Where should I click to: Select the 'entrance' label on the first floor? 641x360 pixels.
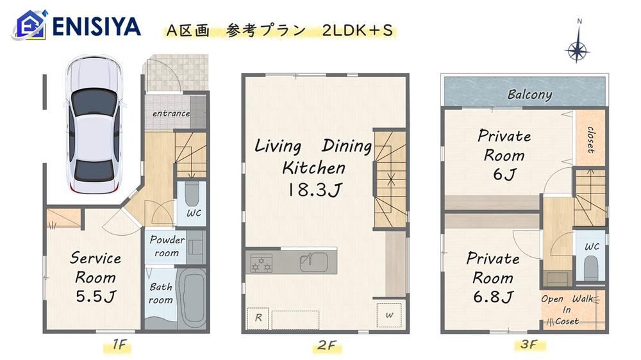(x=171, y=113)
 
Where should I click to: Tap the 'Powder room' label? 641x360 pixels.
(x=167, y=246)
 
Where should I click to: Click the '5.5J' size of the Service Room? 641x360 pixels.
(x=96, y=296)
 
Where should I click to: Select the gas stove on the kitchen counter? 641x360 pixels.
(x=262, y=263)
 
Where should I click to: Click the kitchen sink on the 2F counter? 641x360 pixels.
(x=313, y=262)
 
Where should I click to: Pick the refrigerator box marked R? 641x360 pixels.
(x=258, y=318)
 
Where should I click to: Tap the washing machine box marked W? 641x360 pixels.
(x=389, y=315)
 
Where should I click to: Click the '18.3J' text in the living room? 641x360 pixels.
(x=315, y=190)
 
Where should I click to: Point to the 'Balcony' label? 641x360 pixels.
(x=529, y=94)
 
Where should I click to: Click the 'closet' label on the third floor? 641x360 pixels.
(x=590, y=140)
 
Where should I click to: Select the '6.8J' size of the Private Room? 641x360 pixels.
(x=493, y=297)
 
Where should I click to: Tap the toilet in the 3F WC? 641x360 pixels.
(x=591, y=267)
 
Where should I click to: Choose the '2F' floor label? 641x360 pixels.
(x=327, y=346)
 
